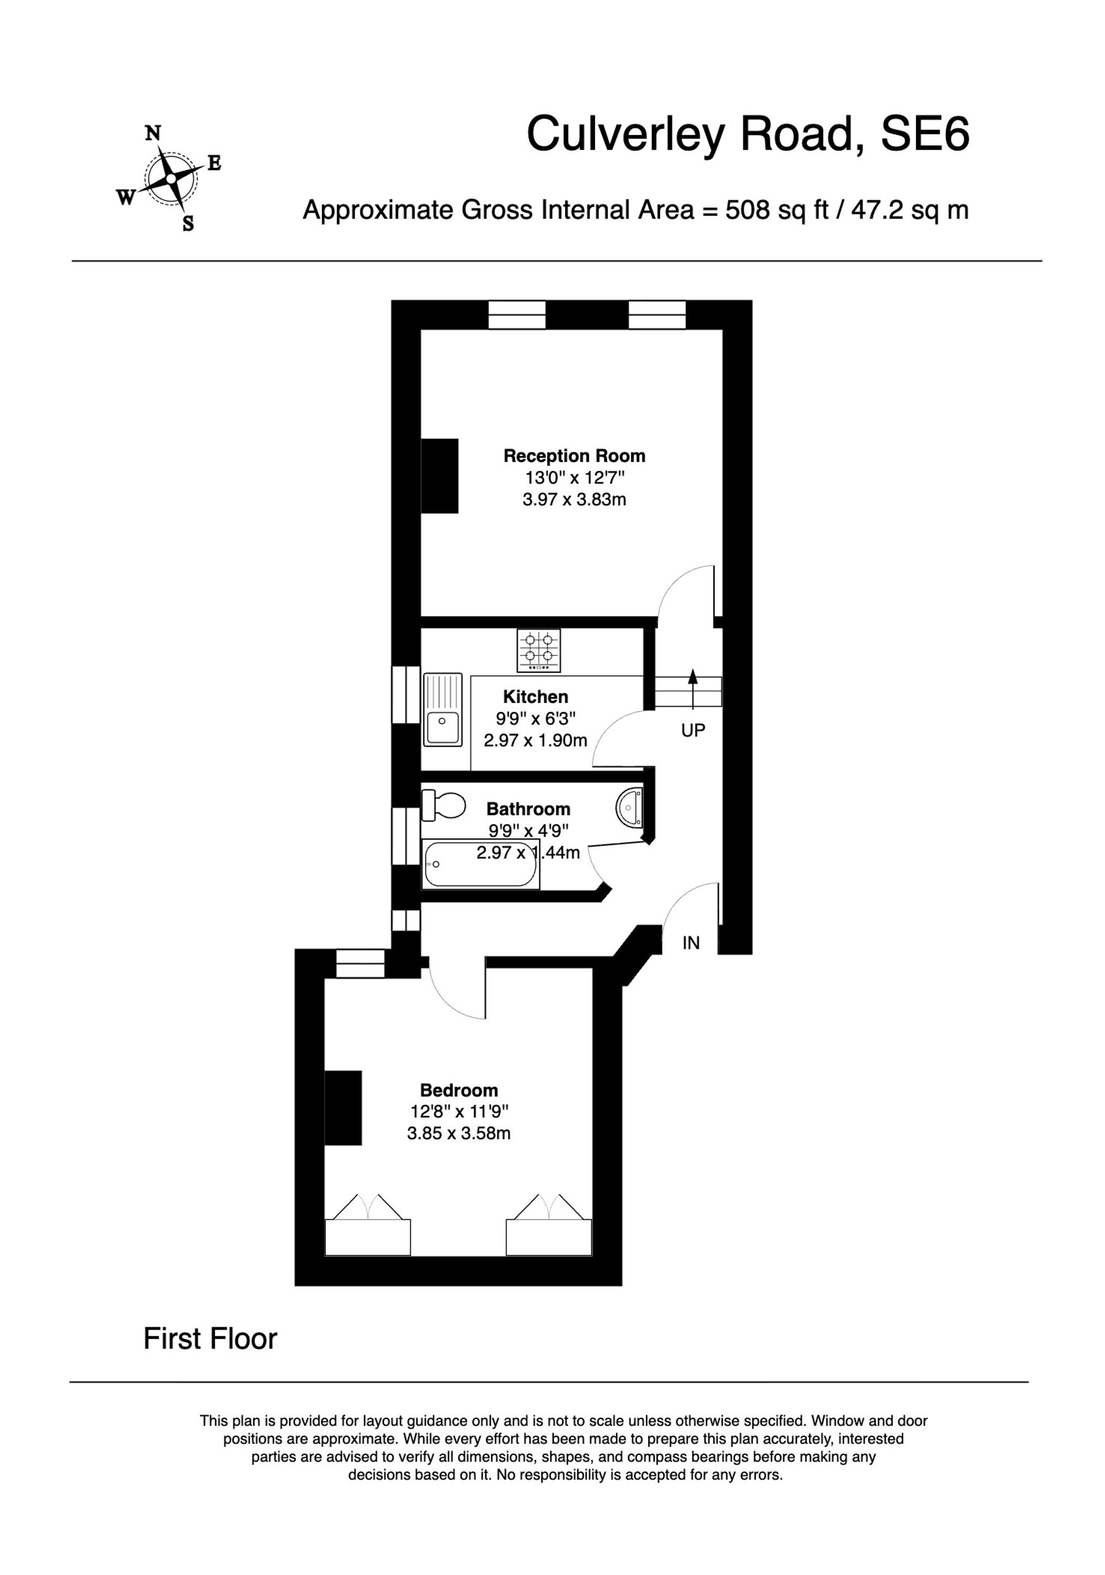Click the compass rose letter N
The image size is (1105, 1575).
point(152,133)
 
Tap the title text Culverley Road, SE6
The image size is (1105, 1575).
point(747,134)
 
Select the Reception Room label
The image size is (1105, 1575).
point(573,455)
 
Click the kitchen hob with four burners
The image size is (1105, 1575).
point(539,650)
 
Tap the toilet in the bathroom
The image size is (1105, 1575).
point(443,805)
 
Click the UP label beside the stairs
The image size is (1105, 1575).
point(693,731)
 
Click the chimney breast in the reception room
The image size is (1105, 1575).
point(439,476)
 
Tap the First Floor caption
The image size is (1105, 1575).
point(210,1338)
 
